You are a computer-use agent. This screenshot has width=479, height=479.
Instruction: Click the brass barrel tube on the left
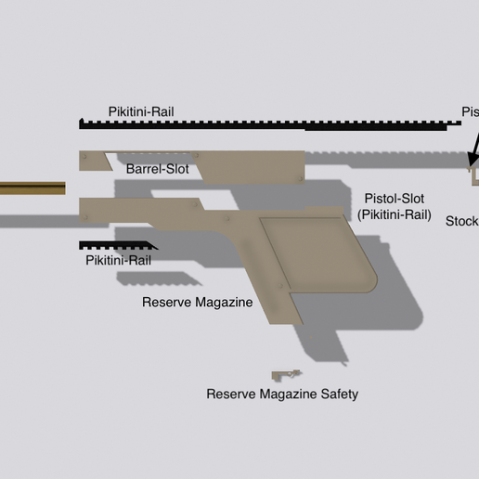[32, 188]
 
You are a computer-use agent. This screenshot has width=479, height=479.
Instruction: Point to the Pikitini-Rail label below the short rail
[118, 261]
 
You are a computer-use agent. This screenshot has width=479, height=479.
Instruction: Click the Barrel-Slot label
[158, 170]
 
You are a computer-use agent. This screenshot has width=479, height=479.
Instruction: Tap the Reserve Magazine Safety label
[281, 394]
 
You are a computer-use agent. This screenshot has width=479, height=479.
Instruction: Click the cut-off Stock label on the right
[462, 221]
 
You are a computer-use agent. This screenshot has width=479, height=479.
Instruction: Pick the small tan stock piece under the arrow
[473, 175]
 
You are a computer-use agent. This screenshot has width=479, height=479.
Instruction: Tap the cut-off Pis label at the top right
[470, 112]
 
